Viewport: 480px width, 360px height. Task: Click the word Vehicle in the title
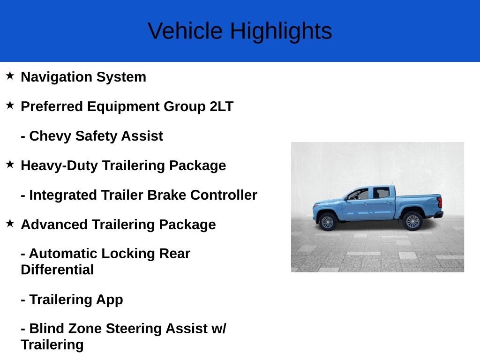point(185,31)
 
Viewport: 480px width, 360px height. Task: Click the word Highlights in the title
point(281,32)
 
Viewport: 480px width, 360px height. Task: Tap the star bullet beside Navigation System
point(10,75)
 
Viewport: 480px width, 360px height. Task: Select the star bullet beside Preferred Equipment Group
point(10,105)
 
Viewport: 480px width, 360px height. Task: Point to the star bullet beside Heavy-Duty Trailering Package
point(10,164)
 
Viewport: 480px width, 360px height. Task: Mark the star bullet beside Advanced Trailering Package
point(10,223)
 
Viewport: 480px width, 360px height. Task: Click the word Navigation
point(56,77)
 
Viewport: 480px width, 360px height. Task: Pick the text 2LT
point(221,106)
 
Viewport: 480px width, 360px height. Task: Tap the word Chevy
point(50,136)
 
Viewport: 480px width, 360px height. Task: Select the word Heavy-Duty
point(60,165)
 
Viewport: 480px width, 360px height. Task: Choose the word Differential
point(57,270)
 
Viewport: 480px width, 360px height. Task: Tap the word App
point(109,300)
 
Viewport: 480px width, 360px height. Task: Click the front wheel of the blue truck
point(327,222)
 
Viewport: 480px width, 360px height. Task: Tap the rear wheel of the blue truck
point(412,221)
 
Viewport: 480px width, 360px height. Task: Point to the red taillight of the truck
point(440,202)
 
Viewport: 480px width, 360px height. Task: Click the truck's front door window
point(359,195)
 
